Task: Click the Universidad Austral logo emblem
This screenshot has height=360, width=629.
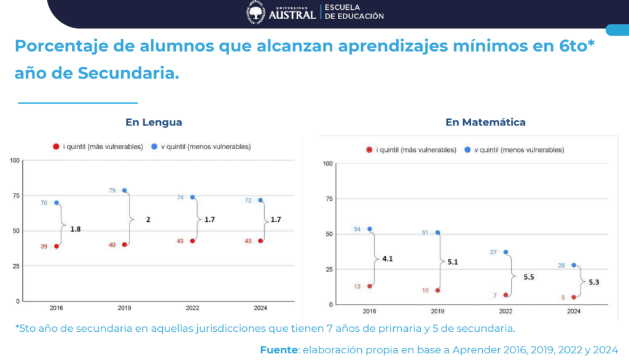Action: pyautogui.click(x=256, y=12)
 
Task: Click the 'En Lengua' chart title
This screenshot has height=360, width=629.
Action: pyautogui.click(x=154, y=122)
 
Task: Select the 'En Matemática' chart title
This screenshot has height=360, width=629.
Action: pyautogui.click(x=485, y=122)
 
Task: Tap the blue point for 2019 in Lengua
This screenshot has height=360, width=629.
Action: pyautogui.click(x=125, y=190)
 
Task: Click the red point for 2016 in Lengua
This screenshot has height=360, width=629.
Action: pyautogui.click(x=57, y=246)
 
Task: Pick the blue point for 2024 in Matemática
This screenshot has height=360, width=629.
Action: pyautogui.click(x=574, y=265)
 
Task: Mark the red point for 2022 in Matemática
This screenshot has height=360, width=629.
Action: pyautogui.click(x=506, y=295)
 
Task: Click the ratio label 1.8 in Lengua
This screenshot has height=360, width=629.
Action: pyautogui.click(x=76, y=229)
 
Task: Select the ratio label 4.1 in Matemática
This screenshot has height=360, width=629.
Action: pyautogui.click(x=387, y=259)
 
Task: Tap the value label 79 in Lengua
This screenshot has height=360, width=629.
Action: pyautogui.click(x=112, y=190)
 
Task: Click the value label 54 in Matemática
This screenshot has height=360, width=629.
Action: pyautogui.click(x=357, y=229)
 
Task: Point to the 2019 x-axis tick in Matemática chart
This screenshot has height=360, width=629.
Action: pyautogui.click(x=437, y=311)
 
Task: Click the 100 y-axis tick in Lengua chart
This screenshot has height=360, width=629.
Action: pyautogui.click(x=14, y=160)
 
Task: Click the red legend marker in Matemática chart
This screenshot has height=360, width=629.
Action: pyautogui.click(x=369, y=150)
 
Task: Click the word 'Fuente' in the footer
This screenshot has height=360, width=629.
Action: pyautogui.click(x=278, y=350)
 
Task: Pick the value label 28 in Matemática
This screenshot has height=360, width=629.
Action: pyautogui.click(x=561, y=265)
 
